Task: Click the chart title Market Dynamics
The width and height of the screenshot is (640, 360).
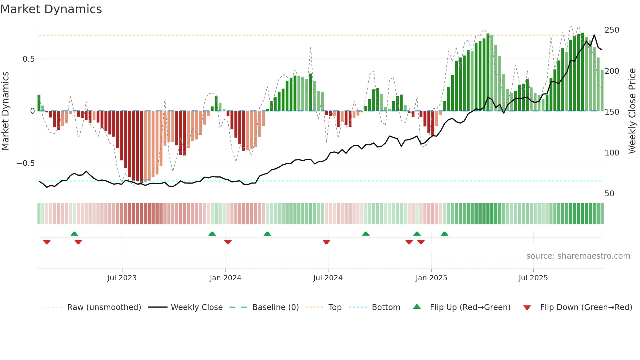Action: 51,9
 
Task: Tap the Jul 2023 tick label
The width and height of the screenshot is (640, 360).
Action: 122,278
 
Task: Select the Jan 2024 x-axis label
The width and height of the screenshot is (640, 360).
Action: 225,278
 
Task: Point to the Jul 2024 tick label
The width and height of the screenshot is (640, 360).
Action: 328,278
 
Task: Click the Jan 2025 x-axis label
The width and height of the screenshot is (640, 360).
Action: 431,278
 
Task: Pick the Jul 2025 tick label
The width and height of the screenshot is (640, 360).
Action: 533,278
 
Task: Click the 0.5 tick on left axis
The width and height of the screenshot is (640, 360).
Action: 28,59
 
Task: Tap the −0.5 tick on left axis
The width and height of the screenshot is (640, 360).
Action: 26,163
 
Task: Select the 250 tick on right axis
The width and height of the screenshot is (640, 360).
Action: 612,30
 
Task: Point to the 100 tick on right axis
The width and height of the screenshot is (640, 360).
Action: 612,153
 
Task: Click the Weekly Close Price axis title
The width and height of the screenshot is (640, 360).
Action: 632,111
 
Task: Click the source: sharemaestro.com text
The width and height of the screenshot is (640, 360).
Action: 578,256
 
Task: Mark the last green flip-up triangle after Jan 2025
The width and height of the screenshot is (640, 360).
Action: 444,234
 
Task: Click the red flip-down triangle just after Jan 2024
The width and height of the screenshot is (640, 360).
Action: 228,242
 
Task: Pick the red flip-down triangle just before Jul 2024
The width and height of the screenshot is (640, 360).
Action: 326,242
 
